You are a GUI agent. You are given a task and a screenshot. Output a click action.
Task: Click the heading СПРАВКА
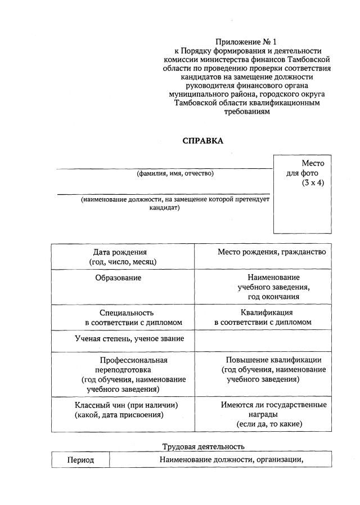point(203,141)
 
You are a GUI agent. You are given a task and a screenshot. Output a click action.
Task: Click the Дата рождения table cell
point(123,257)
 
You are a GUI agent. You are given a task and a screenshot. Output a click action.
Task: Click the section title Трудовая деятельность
point(203,446)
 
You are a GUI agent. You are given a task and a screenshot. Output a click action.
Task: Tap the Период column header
point(80,460)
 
